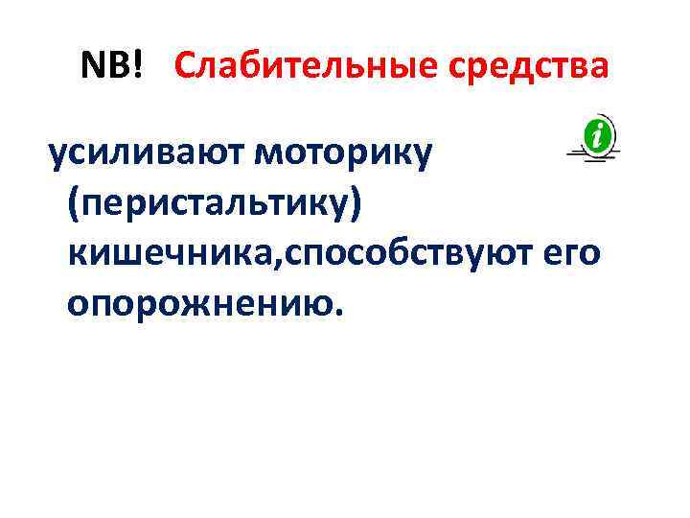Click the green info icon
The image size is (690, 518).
(598, 136)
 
